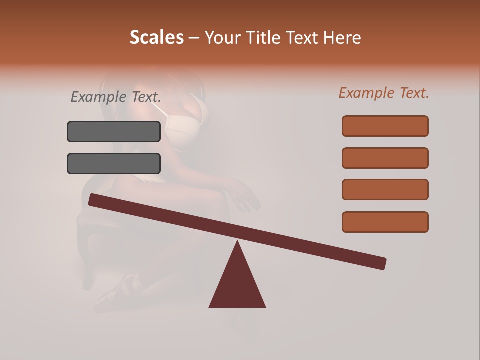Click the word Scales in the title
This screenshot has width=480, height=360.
coord(156,37)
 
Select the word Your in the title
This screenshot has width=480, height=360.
coord(222,37)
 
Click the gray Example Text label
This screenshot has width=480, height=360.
coord(116,97)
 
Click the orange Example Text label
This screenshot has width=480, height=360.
coord(384,93)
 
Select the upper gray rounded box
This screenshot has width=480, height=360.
coord(114,131)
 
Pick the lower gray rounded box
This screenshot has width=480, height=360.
coord(114,163)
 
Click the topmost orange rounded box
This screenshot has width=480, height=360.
coord(385,126)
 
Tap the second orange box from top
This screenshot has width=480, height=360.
coord(385,158)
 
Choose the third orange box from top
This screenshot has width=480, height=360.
coord(385,190)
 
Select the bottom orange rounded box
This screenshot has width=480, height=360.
coord(385,222)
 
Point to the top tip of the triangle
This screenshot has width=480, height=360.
coord(237,242)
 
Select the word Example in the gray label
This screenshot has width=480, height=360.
coord(98,97)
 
